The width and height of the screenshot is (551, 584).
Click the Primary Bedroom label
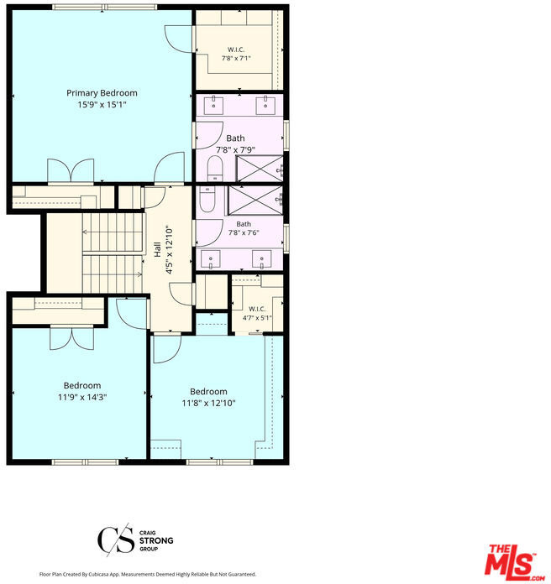point(102,93)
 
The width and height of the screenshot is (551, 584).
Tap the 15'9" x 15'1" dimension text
point(102,104)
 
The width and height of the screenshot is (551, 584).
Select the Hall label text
point(158,249)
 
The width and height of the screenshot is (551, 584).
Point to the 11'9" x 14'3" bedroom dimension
point(82,397)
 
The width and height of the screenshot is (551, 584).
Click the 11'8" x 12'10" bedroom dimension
point(208,403)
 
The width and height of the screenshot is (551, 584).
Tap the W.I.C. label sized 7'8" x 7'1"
point(236,50)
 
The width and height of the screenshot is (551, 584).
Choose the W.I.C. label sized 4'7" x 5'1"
point(257,309)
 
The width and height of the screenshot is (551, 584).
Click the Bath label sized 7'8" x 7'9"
point(236,138)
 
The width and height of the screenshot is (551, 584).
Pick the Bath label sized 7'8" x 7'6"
point(244,224)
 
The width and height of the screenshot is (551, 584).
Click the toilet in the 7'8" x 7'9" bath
point(214,169)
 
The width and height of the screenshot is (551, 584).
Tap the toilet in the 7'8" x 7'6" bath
point(207,199)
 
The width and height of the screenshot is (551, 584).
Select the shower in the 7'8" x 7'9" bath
point(260,169)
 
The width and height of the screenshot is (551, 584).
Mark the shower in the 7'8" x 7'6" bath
point(255,200)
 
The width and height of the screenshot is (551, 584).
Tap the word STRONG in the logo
point(156,540)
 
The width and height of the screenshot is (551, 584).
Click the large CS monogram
point(116,540)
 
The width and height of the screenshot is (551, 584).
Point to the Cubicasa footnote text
point(148,574)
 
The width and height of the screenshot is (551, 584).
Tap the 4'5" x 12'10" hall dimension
point(170,249)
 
